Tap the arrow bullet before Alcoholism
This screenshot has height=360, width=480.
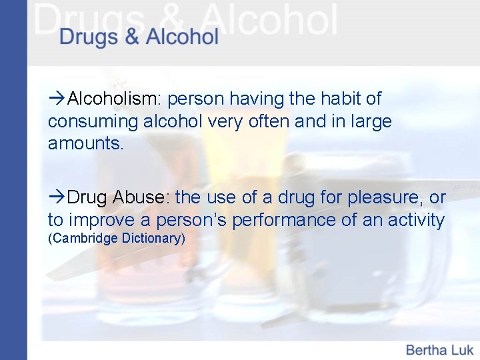(x=57, y=99)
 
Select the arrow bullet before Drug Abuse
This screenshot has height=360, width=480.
(x=57, y=197)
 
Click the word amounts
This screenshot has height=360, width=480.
(x=85, y=143)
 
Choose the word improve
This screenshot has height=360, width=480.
(x=101, y=219)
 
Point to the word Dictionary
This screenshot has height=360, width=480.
(x=153, y=238)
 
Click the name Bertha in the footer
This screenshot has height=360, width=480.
(x=427, y=349)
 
